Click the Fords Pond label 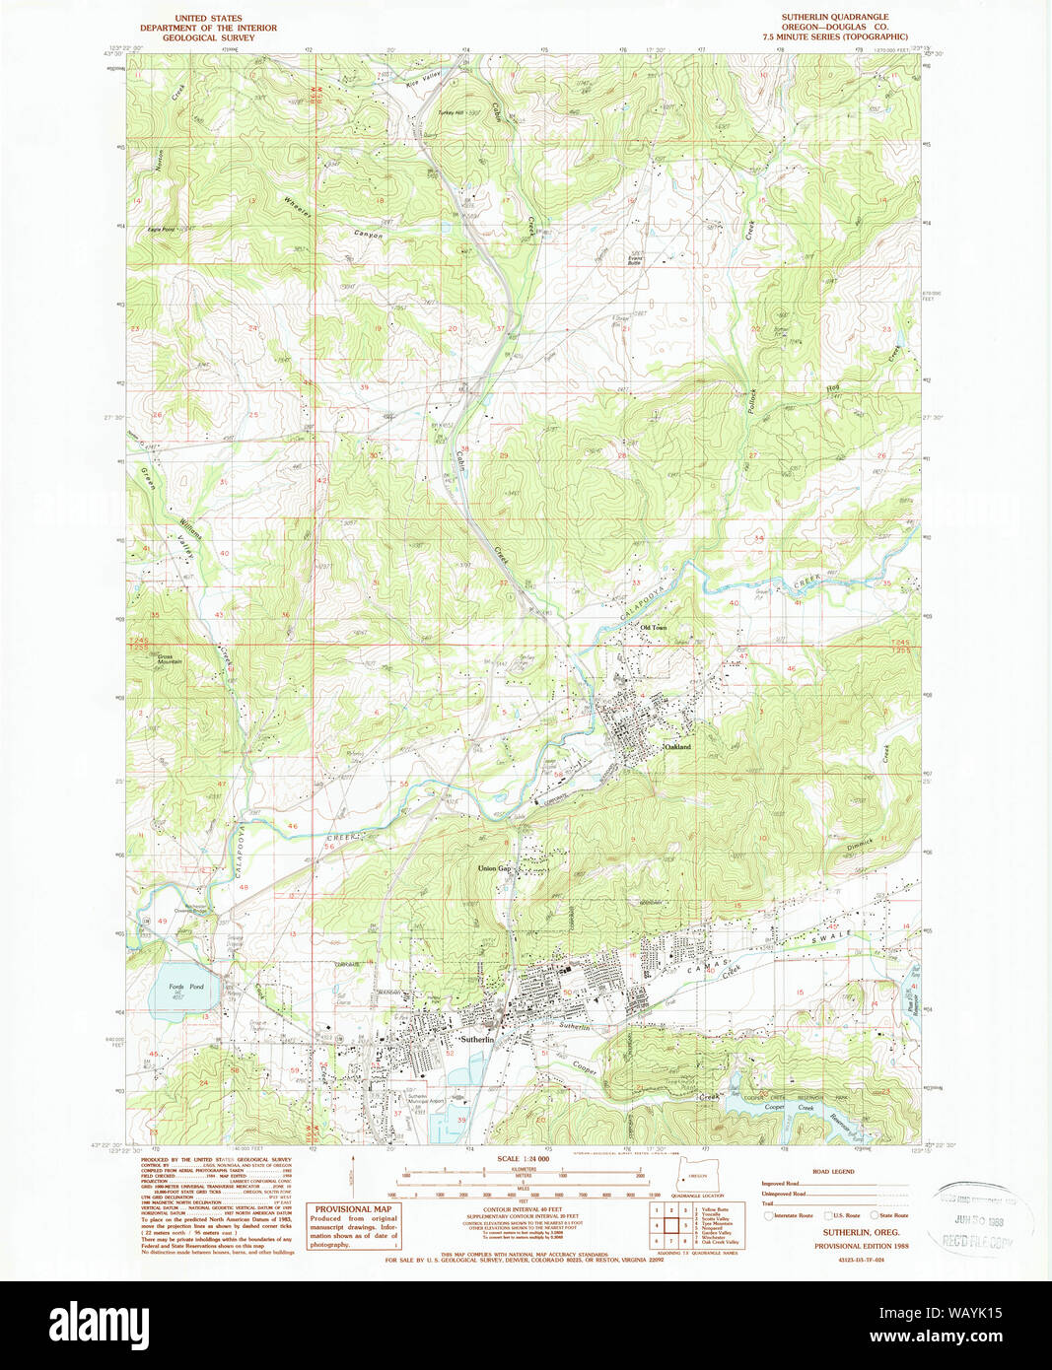click(x=184, y=987)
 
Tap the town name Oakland click(x=677, y=747)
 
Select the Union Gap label click(x=494, y=868)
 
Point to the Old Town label click(x=654, y=627)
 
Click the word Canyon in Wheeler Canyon click(x=369, y=235)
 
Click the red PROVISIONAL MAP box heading click(x=353, y=1208)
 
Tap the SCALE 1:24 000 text click(x=524, y=1158)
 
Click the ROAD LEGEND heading click(x=835, y=1172)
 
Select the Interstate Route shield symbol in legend click(x=768, y=1216)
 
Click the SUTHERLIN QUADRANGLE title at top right click(x=834, y=18)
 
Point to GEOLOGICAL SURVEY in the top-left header click(x=208, y=37)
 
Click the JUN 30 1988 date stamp click(x=980, y=1220)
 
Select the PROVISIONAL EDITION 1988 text click(x=856, y=1246)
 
